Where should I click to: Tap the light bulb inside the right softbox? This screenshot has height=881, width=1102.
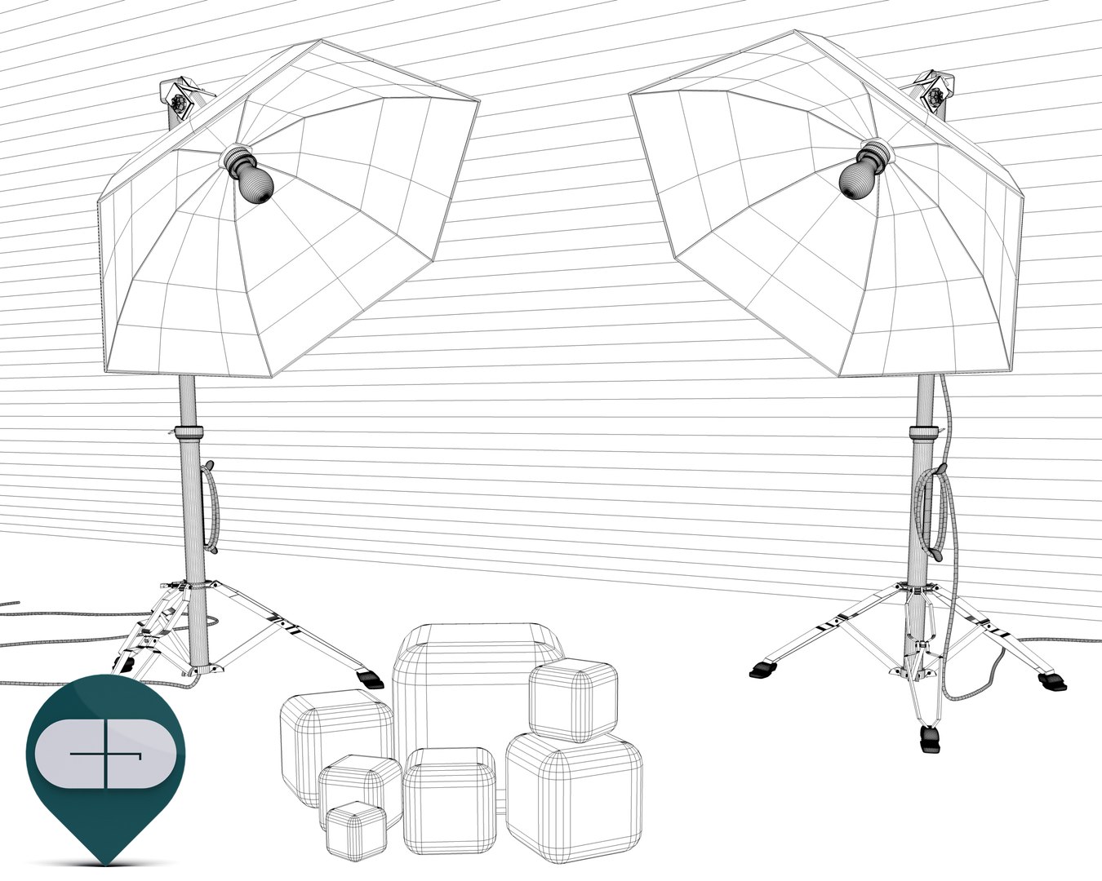(x=856, y=175)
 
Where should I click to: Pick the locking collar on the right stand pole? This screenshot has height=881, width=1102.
(x=924, y=430)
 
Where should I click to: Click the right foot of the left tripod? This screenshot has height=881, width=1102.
(x=370, y=676)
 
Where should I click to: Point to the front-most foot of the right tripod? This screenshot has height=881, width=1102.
(x=929, y=740)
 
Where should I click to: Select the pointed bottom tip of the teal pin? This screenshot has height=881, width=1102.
(x=107, y=861)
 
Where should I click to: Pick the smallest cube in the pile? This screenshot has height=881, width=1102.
(x=355, y=828)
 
